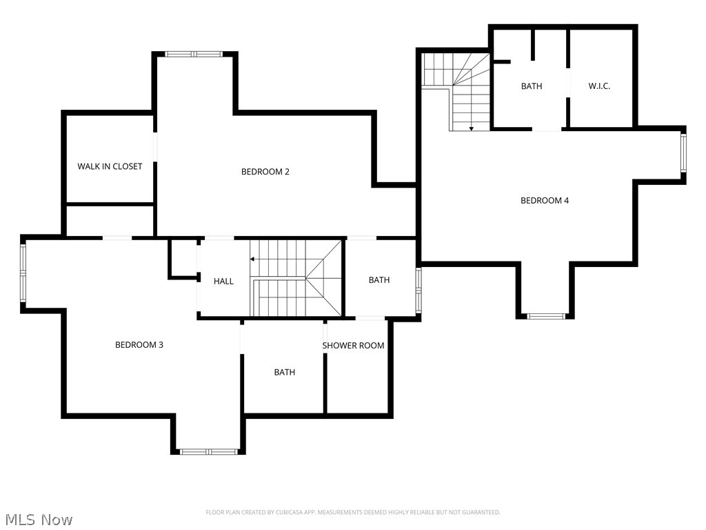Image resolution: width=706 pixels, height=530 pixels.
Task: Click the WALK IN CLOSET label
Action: click(x=110, y=166)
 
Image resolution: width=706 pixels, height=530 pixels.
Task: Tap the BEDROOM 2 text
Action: click(x=265, y=171)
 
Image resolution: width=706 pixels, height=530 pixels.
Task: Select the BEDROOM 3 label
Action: click(x=139, y=344)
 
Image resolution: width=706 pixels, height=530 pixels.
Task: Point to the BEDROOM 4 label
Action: click(x=544, y=200)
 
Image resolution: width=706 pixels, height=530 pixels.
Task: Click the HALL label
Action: click(x=223, y=281)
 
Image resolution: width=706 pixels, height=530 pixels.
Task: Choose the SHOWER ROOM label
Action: click(x=353, y=345)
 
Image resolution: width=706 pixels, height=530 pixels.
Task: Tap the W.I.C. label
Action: click(x=599, y=86)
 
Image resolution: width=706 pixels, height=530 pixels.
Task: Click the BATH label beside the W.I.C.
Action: click(x=531, y=86)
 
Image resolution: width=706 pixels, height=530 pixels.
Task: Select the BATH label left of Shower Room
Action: click(x=284, y=372)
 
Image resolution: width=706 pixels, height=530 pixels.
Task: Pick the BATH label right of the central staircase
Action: click(x=379, y=279)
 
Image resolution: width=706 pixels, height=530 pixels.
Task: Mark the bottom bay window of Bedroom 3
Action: click(x=208, y=451)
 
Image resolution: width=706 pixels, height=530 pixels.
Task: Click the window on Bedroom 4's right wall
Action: click(x=683, y=153)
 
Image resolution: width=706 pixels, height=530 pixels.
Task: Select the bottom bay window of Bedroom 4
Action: click(x=545, y=316)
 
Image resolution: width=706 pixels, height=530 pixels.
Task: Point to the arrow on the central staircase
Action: click(x=253, y=259)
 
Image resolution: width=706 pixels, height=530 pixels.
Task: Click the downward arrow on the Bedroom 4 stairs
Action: click(x=471, y=128)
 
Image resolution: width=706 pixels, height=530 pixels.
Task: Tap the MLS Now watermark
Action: click(x=39, y=519)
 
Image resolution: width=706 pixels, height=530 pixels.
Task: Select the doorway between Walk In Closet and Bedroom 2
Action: click(x=155, y=146)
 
